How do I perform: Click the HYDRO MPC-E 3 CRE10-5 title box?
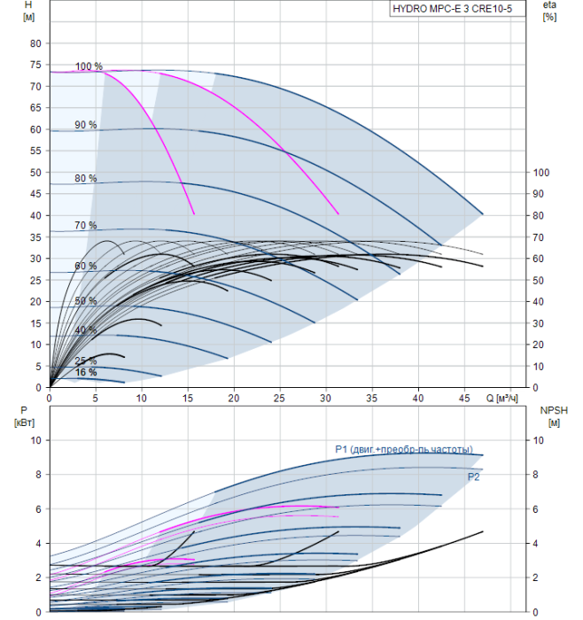(452, 11)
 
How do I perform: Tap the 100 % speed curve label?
(89, 66)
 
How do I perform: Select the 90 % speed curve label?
(86, 125)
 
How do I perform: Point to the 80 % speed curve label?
(86, 179)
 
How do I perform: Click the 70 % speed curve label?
(86, 226)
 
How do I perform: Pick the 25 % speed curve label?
(86, 361)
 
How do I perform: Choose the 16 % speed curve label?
(86, 372)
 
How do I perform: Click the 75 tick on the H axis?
(35, 65)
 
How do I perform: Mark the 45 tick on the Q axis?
(464, 399)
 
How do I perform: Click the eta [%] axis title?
(549, 12)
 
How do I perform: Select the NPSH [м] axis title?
(552, 415)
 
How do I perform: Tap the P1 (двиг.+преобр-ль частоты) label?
(403, 450)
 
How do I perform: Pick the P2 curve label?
(474, 477)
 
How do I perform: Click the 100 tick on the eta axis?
(544, 173)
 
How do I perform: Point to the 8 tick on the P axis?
(36, 475)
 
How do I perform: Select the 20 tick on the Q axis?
(234, 399)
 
